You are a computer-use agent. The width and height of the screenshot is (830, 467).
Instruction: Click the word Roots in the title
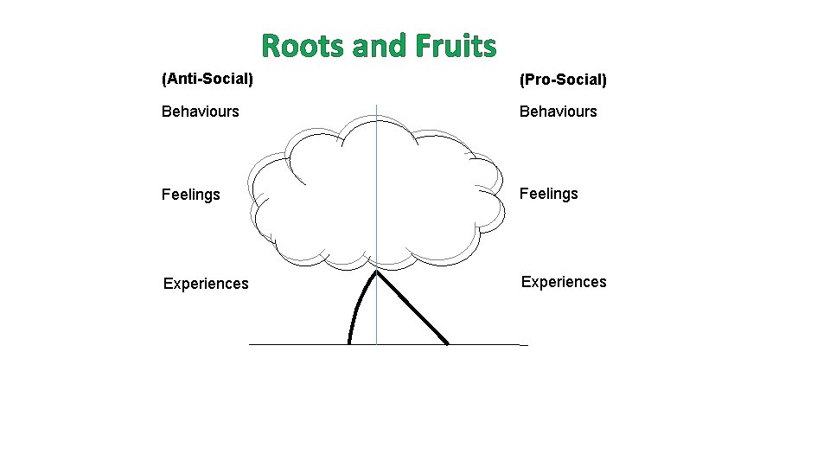click(x=303, y=46)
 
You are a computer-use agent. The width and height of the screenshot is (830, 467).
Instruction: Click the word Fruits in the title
click(x=455, y=46)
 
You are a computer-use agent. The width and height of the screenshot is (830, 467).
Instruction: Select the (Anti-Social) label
click(x=207, y=80)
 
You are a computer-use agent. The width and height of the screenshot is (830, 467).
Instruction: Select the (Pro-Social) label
click(x=563, y=80)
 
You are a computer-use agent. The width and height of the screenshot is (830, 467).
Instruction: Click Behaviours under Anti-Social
click(x=201, y=112)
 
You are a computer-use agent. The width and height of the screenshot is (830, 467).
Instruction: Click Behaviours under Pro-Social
click(x=558, y=112)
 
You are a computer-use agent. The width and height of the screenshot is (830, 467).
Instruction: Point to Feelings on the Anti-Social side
click(x=191, y=195)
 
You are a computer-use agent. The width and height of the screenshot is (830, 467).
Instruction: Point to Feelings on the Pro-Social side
click(x=548, y=194)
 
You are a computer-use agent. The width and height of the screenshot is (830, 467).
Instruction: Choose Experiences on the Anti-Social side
click(x=206, y=284)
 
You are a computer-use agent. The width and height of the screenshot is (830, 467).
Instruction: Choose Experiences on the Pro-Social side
click(x=564, y=282)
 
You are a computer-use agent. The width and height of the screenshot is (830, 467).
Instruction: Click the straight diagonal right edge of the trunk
click(x=412, y=309)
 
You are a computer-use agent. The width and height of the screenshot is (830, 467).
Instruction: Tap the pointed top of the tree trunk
click(x=376, y=272)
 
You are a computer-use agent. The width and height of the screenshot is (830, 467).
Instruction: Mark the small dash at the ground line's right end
click(x=523, y=345)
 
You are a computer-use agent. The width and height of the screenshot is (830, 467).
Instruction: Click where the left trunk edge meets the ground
click(x=349, y=343)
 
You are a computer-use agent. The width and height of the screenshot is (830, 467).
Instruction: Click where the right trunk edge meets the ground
click(x=447, y=343)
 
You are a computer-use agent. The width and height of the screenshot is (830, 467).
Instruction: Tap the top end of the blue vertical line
click(x=377, y=106)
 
